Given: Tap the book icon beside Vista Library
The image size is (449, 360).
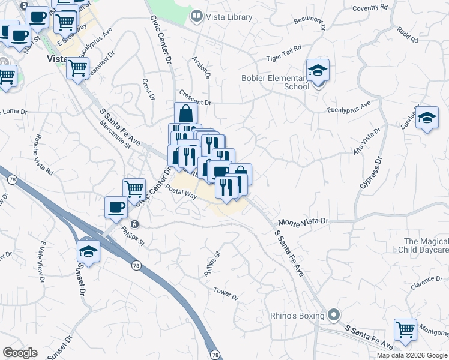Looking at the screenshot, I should (x=196, y=16).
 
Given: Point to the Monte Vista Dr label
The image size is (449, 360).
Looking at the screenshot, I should (x=303, y=221).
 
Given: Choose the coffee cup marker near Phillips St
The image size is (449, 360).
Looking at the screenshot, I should (x=116, y=208).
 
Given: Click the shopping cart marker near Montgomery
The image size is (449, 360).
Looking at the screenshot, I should (x=405, y=329).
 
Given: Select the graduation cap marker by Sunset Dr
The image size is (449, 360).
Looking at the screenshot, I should (x=88, y=251).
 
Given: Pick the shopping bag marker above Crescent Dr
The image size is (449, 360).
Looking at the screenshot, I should (x=186, y=113).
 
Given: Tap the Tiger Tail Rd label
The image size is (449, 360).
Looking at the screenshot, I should (x=283, y=58).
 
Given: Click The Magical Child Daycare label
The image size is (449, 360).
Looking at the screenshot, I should (x=424, y=245).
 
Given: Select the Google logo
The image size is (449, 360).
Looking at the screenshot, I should (x=19, y=353).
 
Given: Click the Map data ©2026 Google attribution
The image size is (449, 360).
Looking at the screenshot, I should (x=412, y=355).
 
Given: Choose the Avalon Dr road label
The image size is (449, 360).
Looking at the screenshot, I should (x=202, y=68).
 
